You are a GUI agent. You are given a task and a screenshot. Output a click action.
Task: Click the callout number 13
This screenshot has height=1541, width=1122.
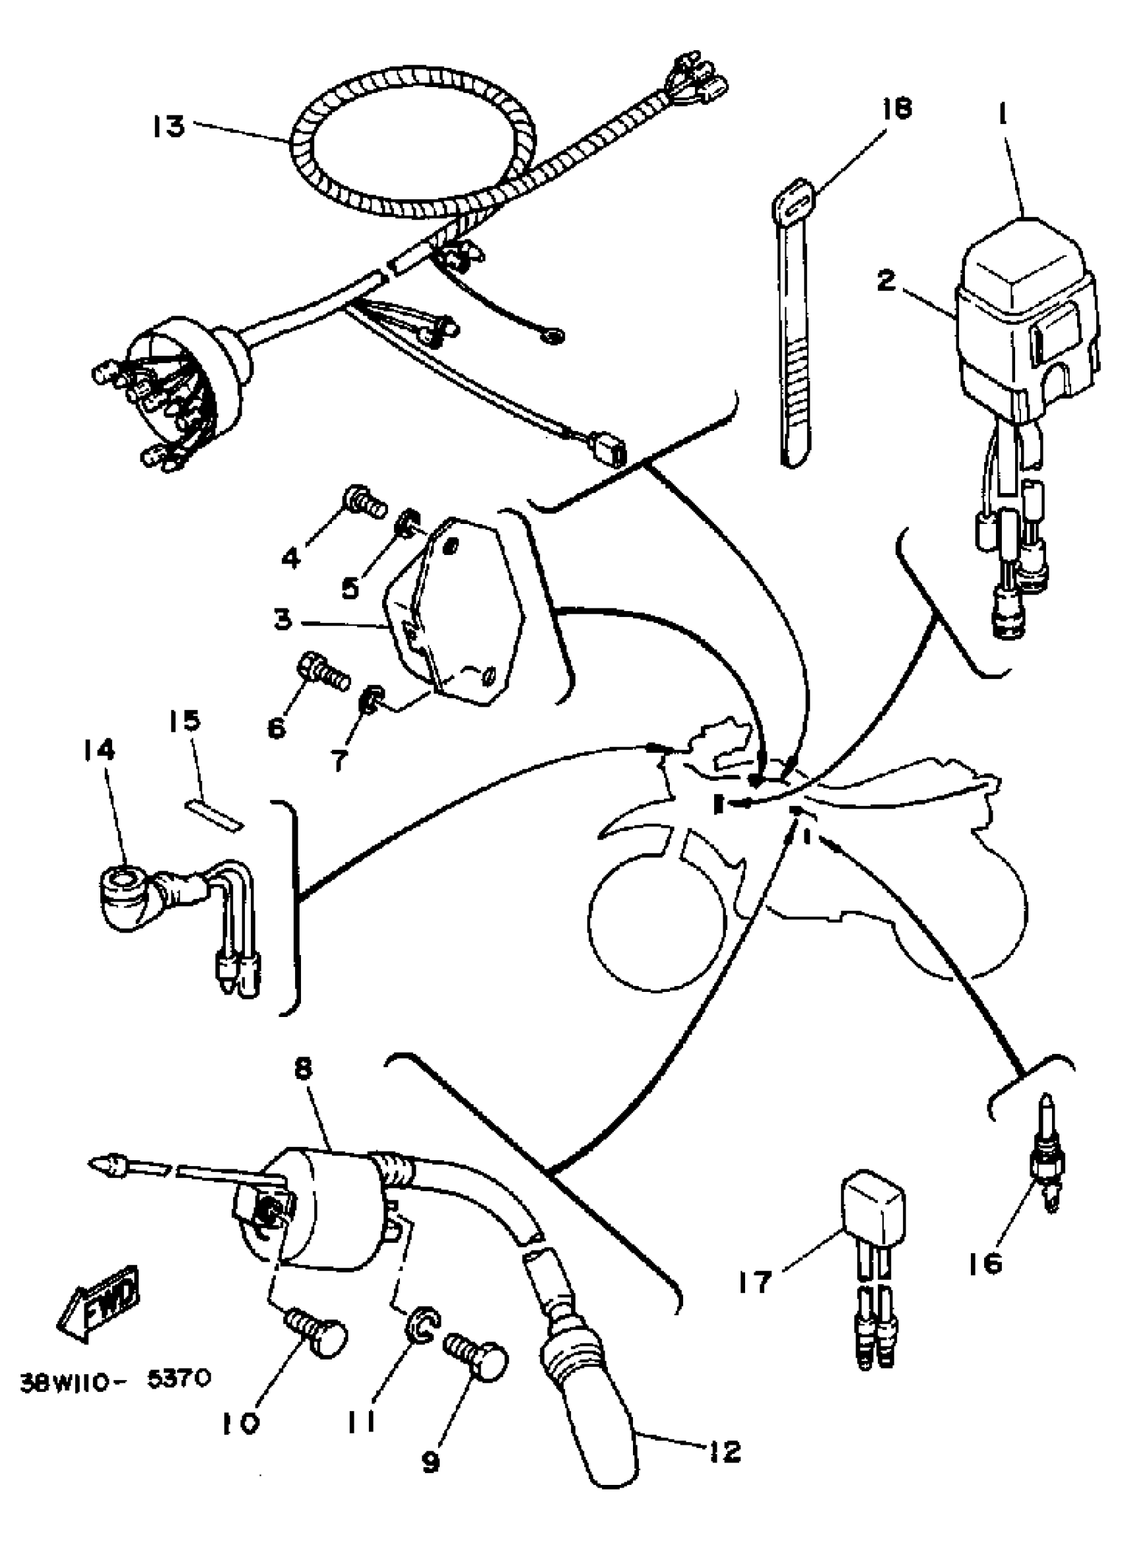168,126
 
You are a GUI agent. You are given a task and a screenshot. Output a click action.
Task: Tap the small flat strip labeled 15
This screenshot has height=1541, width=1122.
214,814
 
